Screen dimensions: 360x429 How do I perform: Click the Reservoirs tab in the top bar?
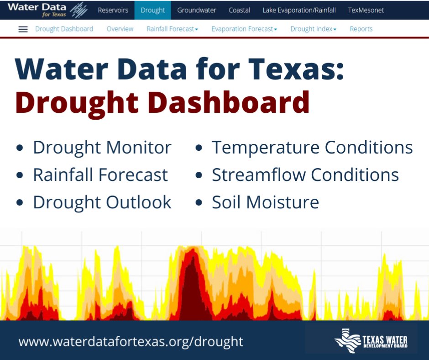click(x=113, y=10)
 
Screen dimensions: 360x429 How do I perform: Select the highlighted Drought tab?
click(x=152, y=10)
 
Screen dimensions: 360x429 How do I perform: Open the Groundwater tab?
click(x=197, y=10)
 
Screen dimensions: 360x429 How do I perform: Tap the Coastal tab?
click(x=239, y=10)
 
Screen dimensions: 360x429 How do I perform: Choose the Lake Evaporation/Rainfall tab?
click(x=299, y=10)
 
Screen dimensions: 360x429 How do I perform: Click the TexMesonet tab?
click(x=366, y=10)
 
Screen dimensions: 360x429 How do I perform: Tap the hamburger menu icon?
click(x=23, y=29)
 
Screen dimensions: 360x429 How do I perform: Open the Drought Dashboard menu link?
click(x=64, y=29)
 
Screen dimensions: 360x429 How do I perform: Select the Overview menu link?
click(x=120, y=29)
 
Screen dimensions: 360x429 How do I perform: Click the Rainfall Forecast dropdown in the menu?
click(x=172, y=29)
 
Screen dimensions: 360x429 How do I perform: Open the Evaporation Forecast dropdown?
click(x=244, y=29)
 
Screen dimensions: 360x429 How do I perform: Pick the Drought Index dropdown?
click(x=313, y=29)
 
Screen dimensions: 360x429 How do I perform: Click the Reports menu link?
click(x=361, y=29)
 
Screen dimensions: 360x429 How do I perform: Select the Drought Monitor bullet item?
click(x=102, y=148)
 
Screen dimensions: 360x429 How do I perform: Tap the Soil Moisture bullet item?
click(x=265, y=202)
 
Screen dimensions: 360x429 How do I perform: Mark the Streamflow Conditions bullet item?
click(x=305, y=175)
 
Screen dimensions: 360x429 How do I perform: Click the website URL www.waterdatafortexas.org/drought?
click(x=131, y=341)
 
